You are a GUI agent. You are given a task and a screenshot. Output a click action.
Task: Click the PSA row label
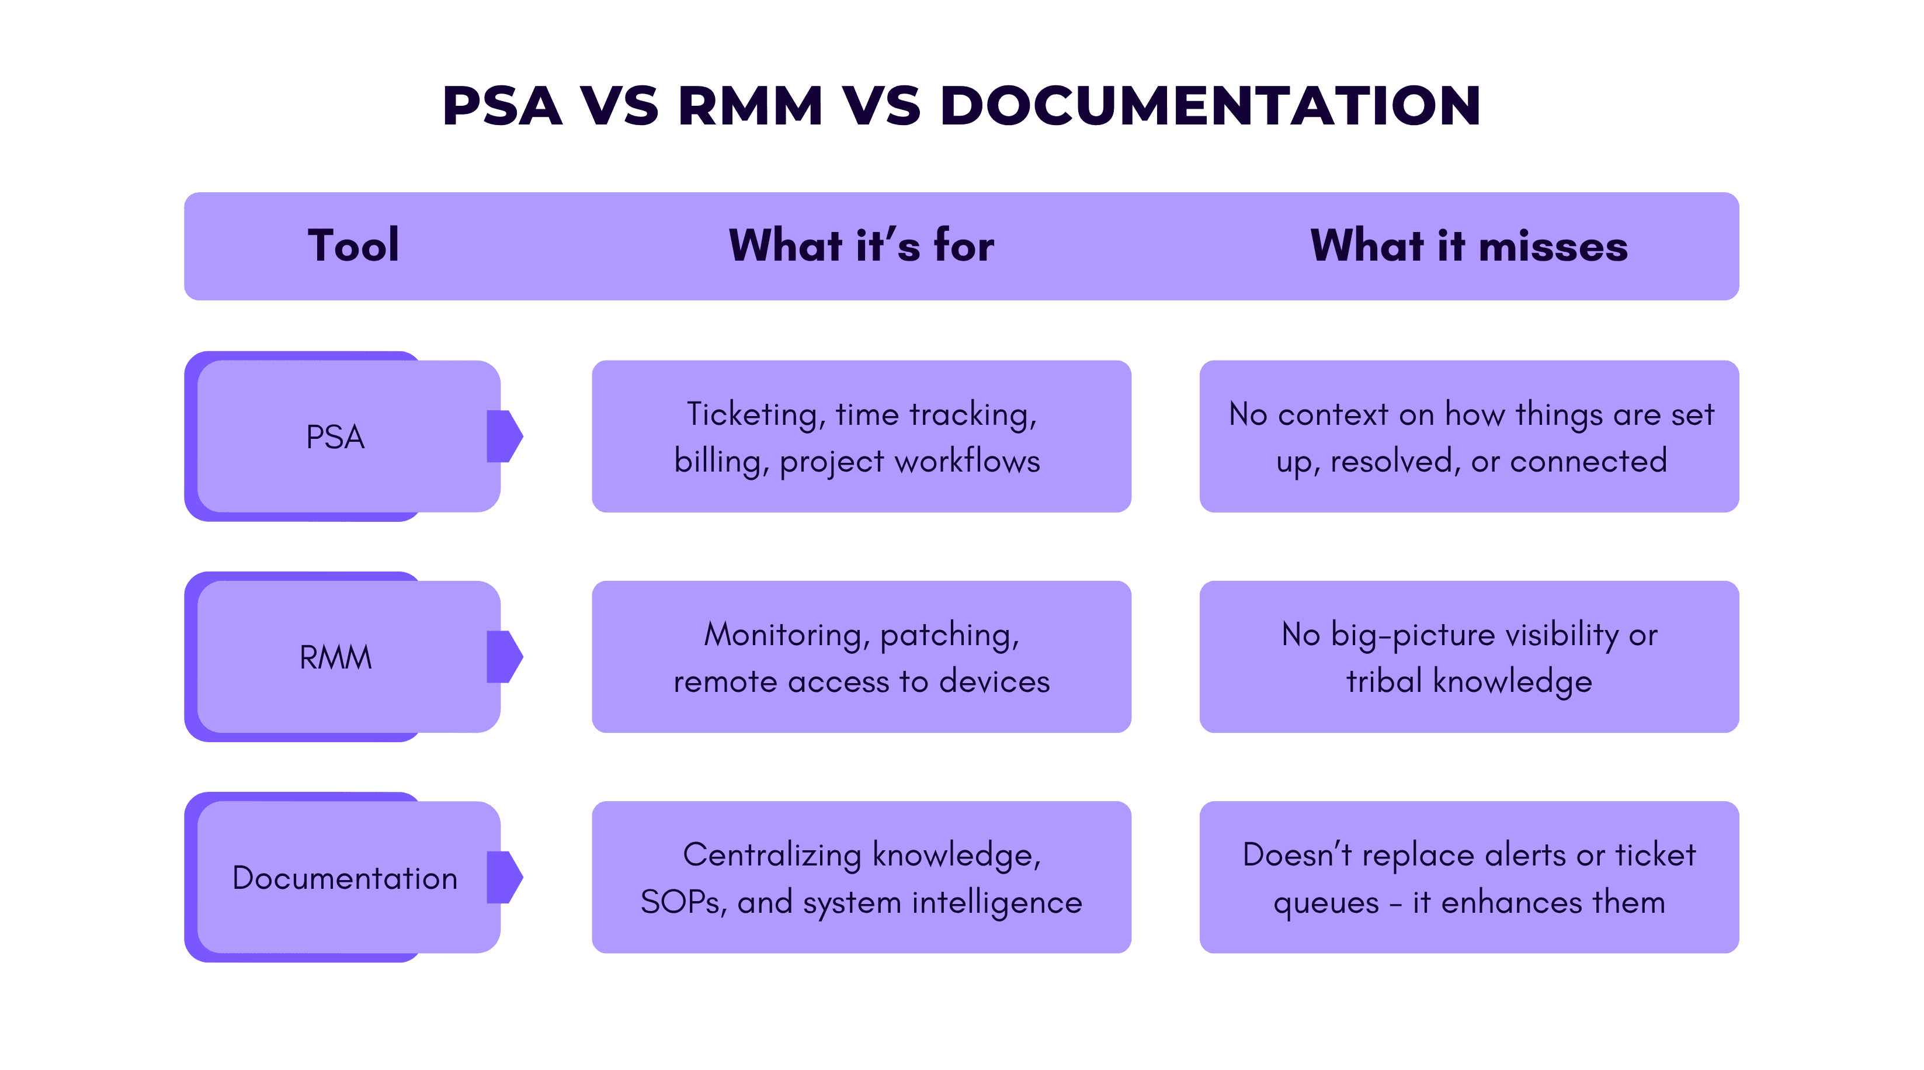point(335,437)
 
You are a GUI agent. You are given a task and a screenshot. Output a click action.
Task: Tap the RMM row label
point(335,657)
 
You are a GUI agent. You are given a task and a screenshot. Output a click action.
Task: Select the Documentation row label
point(344,878)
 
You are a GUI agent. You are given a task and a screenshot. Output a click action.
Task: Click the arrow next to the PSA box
point(505,437)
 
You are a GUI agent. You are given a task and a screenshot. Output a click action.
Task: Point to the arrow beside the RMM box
point(505,657)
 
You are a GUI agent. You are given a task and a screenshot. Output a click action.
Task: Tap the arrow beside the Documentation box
point(505,877)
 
